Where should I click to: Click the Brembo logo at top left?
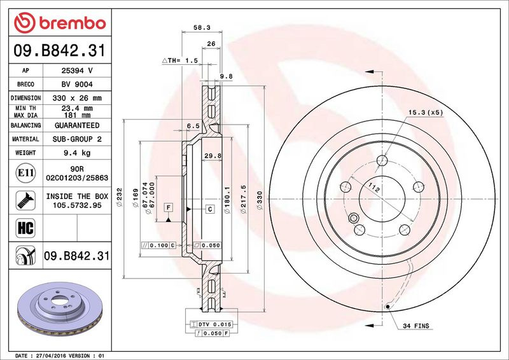60,23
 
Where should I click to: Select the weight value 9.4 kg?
77,153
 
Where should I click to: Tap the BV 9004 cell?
77,85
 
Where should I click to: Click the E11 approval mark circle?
25,173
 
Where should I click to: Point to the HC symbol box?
25,228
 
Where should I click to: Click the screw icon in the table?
25,200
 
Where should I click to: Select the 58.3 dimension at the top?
202,27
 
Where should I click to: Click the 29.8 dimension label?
213,156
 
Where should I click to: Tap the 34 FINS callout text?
416,326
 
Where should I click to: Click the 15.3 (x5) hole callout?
426,113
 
